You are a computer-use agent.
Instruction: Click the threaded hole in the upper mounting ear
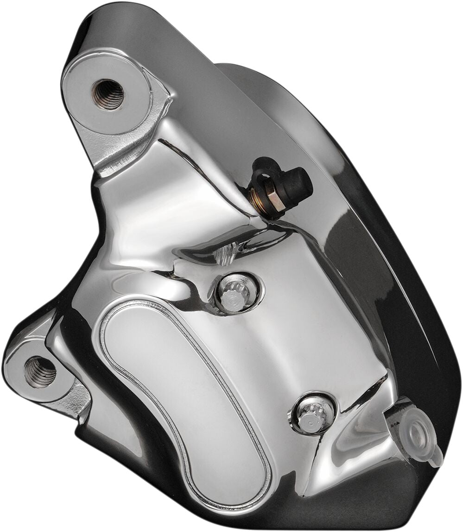(x=108, y=94)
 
